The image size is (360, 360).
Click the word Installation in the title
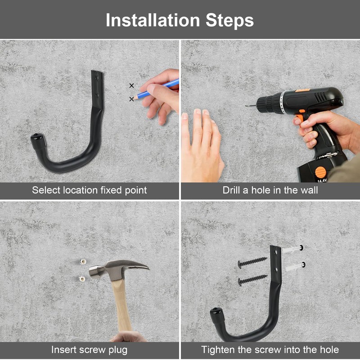pyautogui.click(x=153, y=20)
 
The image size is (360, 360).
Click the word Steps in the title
pyautogui.click(x=229, y=20)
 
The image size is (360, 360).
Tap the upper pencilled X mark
pyautogui.click(x=131, y=85)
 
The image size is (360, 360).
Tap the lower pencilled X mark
pyautogui.click(x=131, y=99)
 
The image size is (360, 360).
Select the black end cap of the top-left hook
pyautogui.click(x=37, y=141)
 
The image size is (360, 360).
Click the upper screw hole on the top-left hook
pyautogui.click(x=97, y=78)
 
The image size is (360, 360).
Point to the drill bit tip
pyautogui.click(x=247, y=106)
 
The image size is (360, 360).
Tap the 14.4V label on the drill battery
pyautogui.click(x=322, y=181)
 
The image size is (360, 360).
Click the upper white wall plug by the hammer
pyautogui.click(x=83, y=261)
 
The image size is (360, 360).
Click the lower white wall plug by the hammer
pyautogui.click(x=82, y=279)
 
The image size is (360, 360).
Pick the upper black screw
pyautogui.click(x=252, y=262)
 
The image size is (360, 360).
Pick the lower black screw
pyautogui.click(x=252, y=280)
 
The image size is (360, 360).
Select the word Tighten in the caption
pyautogui.click(x=218, y=350)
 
